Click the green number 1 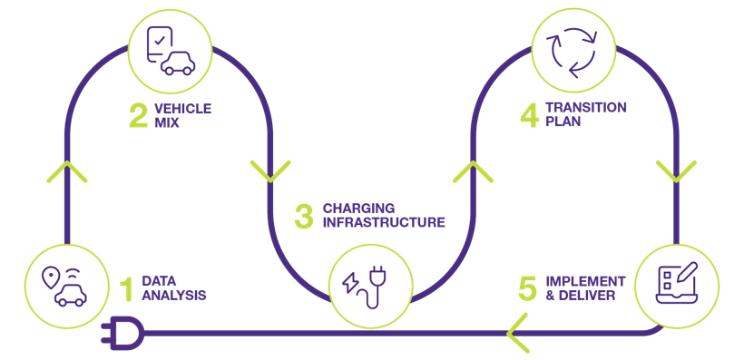click(127, 287)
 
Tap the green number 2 click(137, 115)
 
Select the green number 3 click(304, 215)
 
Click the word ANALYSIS click(175, 296)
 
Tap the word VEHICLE click(182, 108)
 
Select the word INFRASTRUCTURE click(384, 222)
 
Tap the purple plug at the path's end click(119, 332)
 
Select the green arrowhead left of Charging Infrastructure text click(269, 170)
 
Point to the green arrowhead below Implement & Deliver click(519, 333)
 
